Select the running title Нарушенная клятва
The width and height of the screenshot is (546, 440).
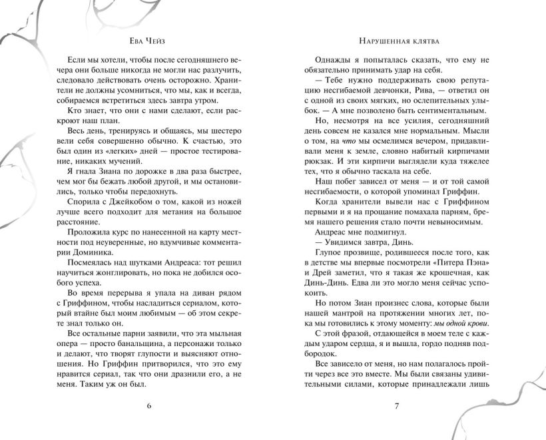[x=396, y=39]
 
